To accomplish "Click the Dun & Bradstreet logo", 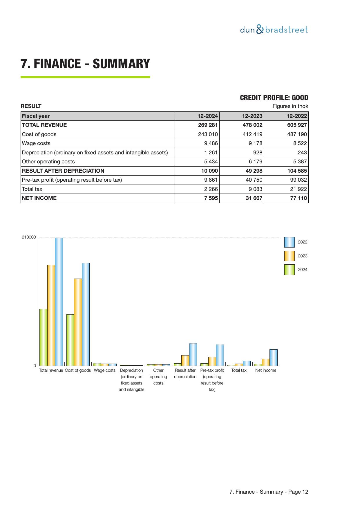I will (274, 30).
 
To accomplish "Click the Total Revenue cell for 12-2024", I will (207, 125).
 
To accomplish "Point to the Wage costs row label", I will (36, 143).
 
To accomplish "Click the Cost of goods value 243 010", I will (208, 134).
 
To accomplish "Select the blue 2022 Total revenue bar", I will (59, 302).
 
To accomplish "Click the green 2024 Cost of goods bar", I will (70, 340).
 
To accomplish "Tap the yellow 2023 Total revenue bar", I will (51, 315).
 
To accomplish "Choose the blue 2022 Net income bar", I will (273, 358).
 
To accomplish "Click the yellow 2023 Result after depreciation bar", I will (185, 360).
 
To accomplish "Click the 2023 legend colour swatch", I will (289, 256).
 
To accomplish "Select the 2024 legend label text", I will (303, 270).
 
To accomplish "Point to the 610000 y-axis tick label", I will (29, 237).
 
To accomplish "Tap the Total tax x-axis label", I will (239, 370).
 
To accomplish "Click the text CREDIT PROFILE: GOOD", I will (274, 98).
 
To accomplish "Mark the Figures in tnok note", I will (290, 106).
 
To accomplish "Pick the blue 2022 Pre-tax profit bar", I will (220, 355).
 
